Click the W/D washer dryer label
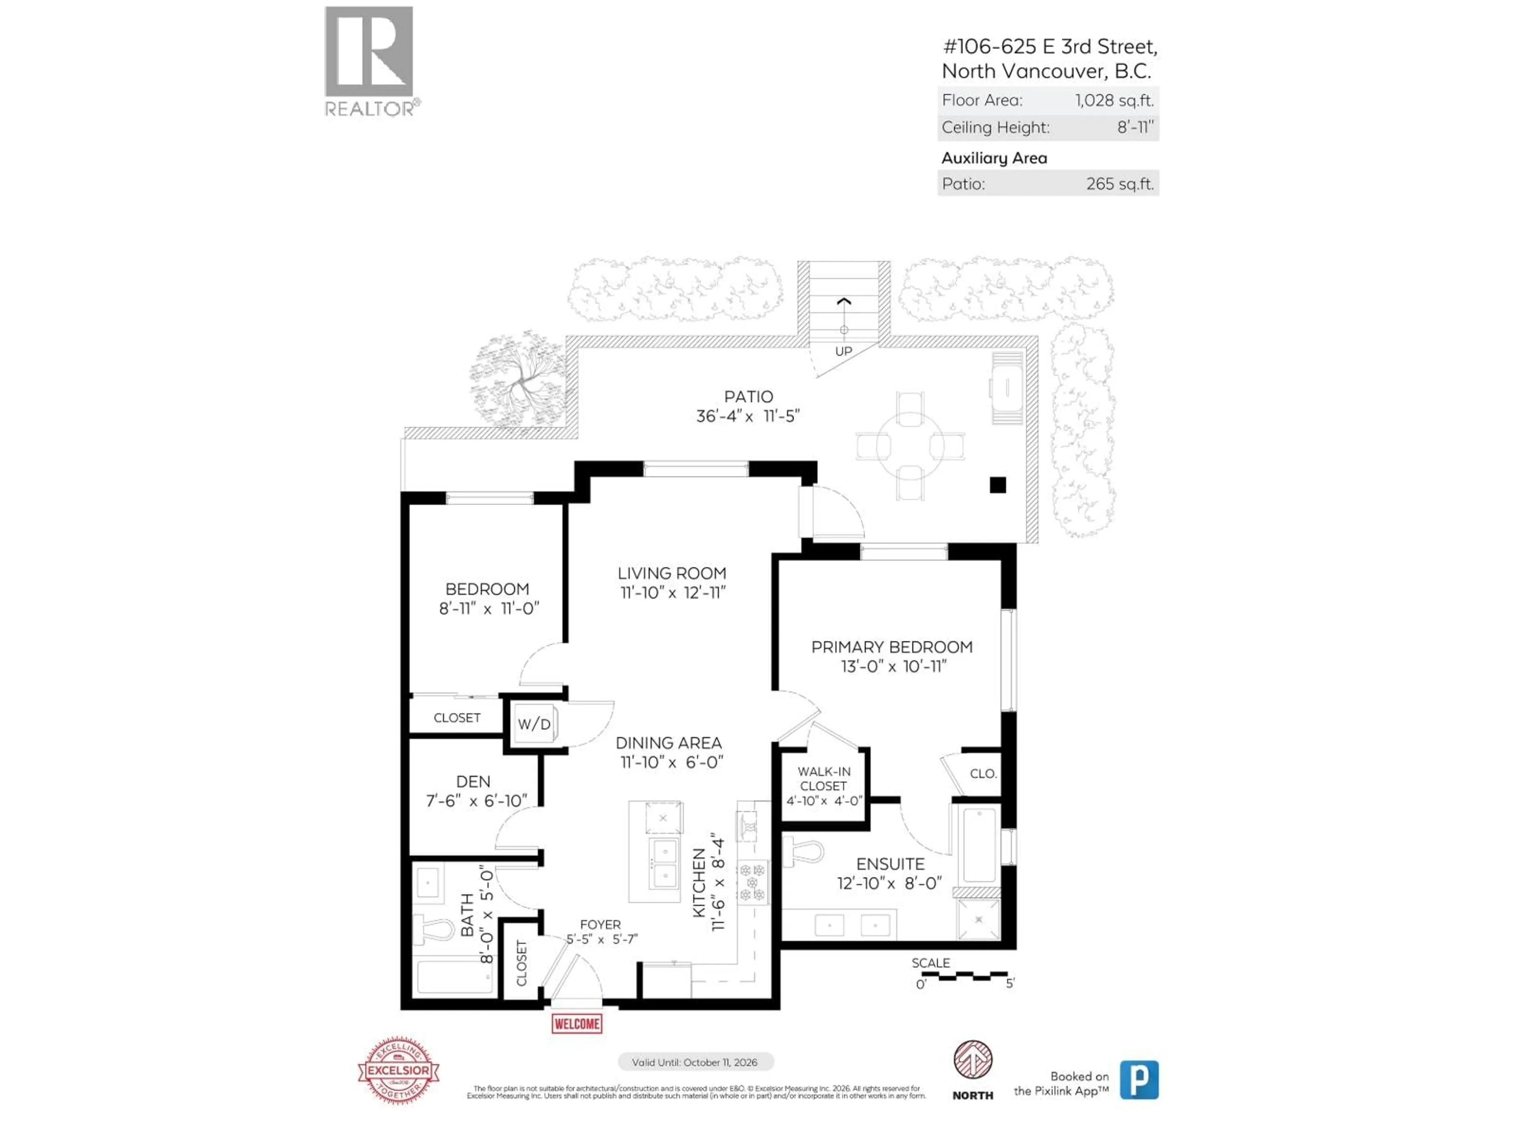[534, 723]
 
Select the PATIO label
[748, 396]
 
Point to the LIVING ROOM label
[672, 573]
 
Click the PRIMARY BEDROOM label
[892, 647]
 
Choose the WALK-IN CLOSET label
[824, 778]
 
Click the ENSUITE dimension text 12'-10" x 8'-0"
[890, 883]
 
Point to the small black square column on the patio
[998, 485]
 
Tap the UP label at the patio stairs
[843, 351]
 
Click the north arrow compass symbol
[973, 1060]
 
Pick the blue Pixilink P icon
[1139, 1080]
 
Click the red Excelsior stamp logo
[399, 1070]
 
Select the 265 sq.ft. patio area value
[1119, 184]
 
